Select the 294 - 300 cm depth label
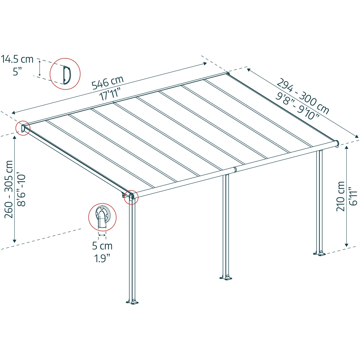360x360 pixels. point(303,96)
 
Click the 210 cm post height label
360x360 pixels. point(341,196)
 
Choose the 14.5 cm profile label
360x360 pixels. point(17,59)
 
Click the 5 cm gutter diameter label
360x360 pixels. point(102,246)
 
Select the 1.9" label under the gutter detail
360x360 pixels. point(102,258)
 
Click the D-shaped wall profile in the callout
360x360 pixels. point(67,75)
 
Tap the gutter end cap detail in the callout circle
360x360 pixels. point(103,217)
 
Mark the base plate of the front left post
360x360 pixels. point(132,301)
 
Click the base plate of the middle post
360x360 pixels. point(226,277)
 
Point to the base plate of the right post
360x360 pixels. point(319,253)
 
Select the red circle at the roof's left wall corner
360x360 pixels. point(23,128)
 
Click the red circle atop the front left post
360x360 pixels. point(131,197)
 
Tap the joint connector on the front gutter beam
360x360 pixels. point(235,170)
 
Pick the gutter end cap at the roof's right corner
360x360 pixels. point(337,144)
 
